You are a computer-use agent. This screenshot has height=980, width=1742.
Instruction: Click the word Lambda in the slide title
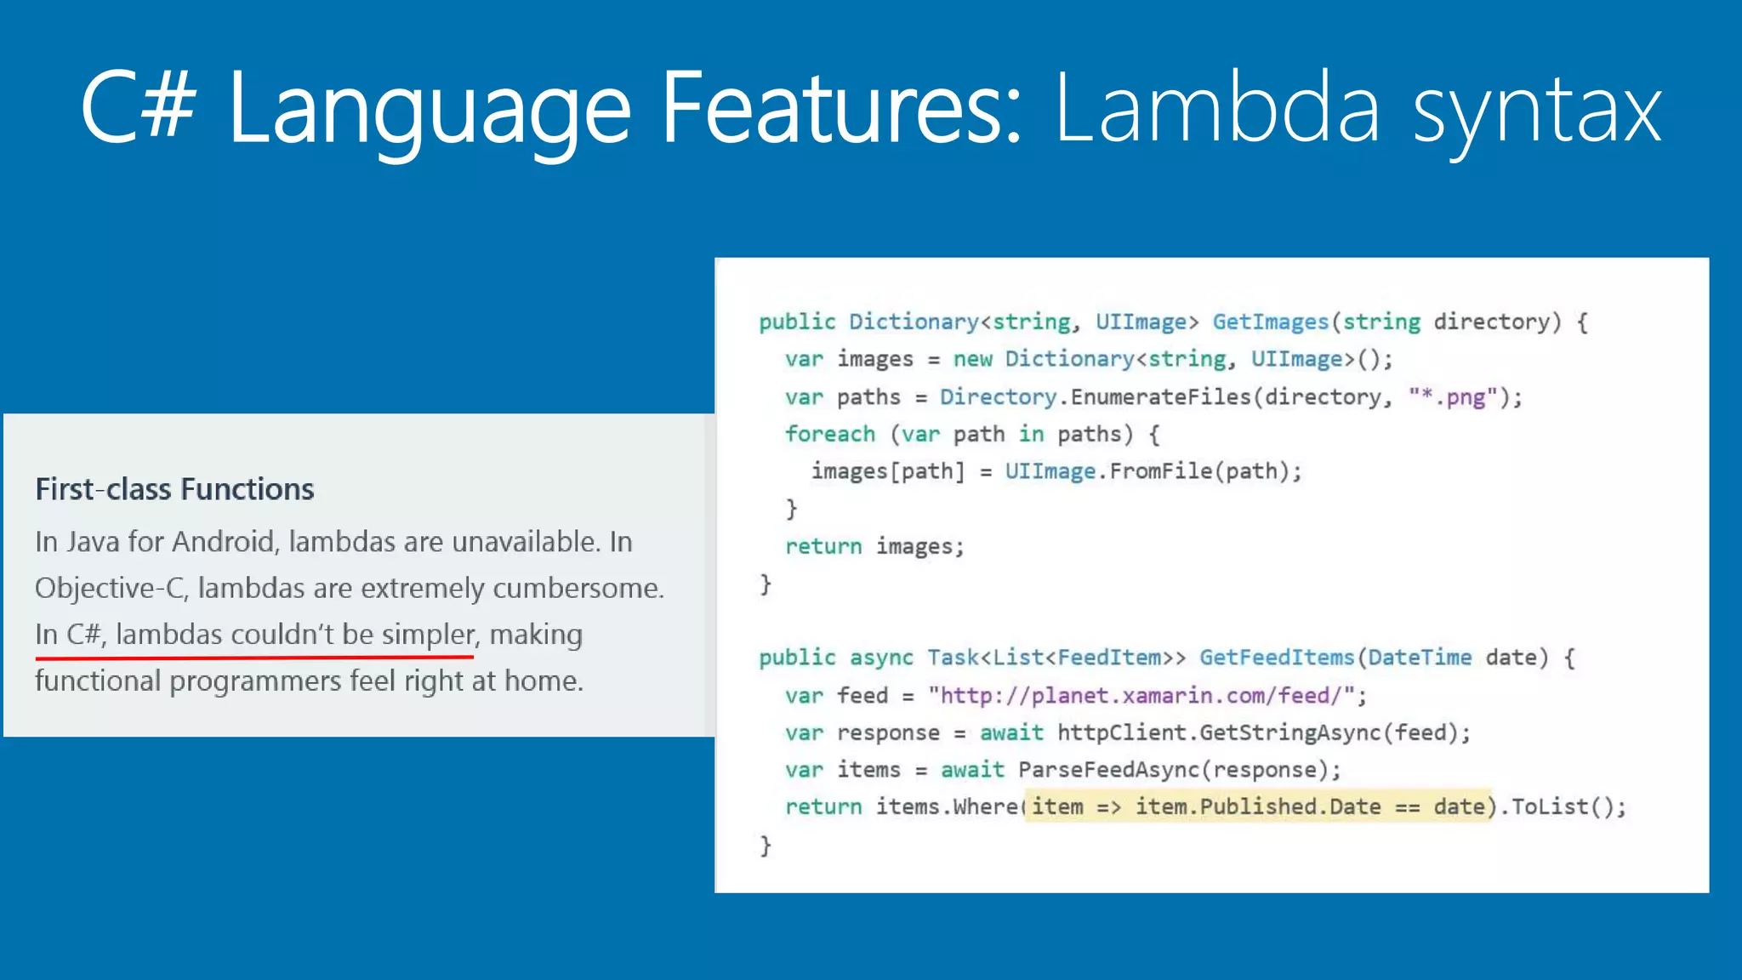point(1216,109)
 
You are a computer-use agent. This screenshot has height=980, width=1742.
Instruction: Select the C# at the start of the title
point(139,107)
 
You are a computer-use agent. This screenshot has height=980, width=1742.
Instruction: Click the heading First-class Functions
point(174,489)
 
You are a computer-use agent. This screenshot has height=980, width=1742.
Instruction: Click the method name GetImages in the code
point(1270,322)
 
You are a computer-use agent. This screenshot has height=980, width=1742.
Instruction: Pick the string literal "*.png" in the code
point(1453,396)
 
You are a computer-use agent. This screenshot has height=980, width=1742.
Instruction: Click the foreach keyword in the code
point(829,434)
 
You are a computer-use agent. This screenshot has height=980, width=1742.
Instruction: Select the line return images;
point(874,546)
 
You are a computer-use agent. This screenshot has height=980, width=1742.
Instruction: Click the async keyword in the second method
point(880,658)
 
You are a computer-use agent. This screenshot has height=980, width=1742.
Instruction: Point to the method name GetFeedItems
point(1277,658)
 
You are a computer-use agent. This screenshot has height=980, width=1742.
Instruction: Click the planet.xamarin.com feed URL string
point(1141,696)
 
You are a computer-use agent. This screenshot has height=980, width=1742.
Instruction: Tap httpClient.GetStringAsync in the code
point(1219,732)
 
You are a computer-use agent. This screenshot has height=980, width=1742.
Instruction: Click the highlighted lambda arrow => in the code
point(1109,806)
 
